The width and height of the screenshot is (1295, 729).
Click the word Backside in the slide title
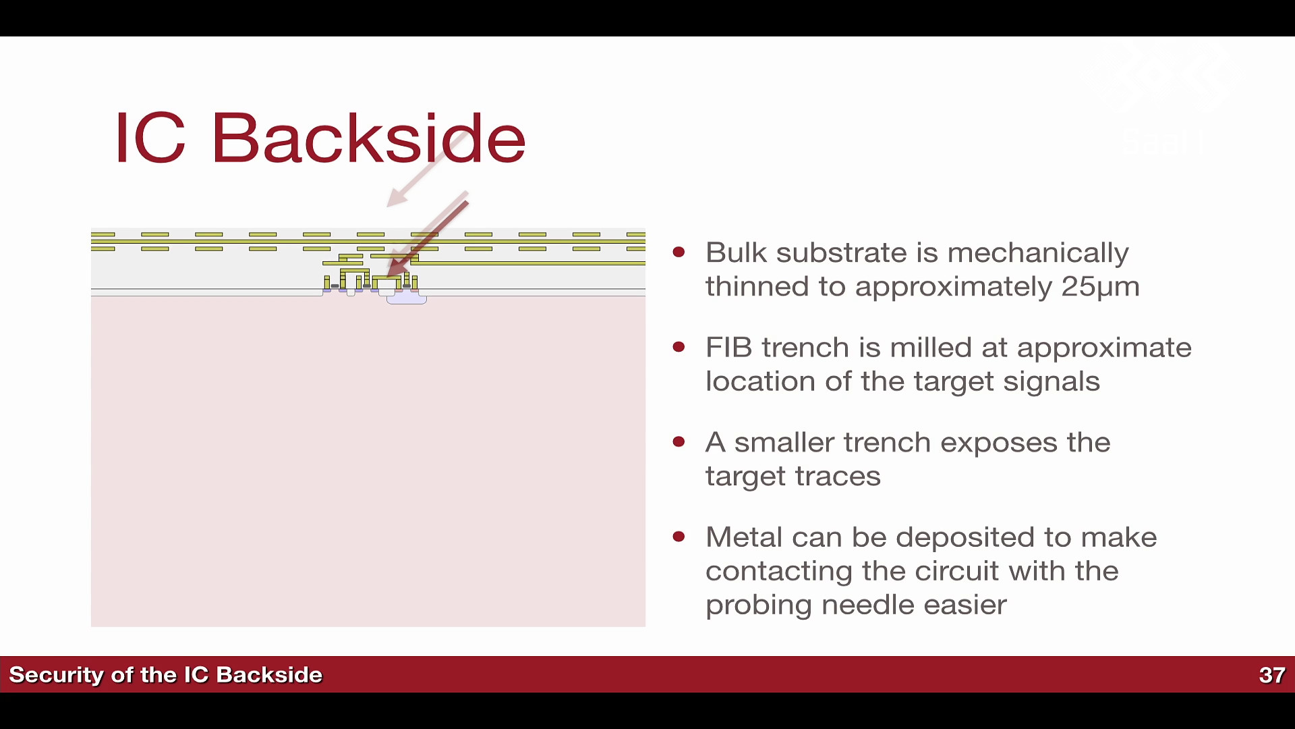[368, 138]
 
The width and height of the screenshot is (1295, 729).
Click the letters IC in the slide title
[150, 138]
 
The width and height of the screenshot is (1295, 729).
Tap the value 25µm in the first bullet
[1100, 287]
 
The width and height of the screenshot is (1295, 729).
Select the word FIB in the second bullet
[729, 348]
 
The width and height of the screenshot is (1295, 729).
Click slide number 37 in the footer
[1272, 675]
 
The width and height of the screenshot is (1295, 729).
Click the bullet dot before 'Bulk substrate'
[679, 252]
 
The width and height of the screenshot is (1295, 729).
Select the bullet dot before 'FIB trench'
[679, 348]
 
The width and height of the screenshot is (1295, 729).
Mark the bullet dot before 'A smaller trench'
[679, 443]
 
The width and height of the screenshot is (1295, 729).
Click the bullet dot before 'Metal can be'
[679, 537]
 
